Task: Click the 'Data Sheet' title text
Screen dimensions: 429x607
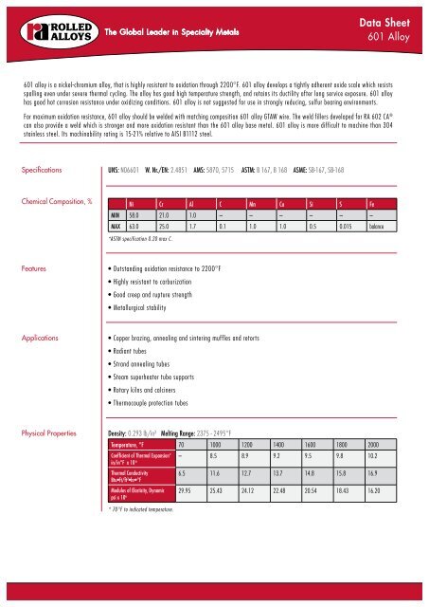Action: click(387, 19)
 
